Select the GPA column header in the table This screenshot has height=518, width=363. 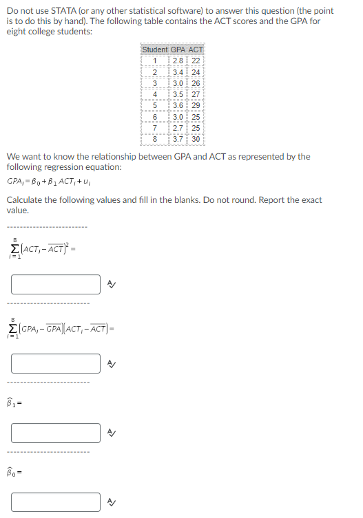(x=177, y=50)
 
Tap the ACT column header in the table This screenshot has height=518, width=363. (x=196, y=50)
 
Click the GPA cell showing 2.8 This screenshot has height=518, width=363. (x=177, y=61)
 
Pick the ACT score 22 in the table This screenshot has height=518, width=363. (x=196, y=61)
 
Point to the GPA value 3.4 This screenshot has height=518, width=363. (x=177, y=72)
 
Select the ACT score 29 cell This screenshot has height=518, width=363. (x=196, y=105)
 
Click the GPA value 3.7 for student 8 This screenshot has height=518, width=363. (x=177, y=139)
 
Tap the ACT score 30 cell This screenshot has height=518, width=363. (x=196, y=139)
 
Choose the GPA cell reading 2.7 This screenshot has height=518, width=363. (x=177, y=128)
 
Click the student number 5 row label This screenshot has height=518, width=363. (x=155, y=105)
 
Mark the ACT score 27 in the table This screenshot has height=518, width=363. (x=196, y=94)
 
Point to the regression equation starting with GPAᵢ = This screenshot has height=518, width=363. (x=49, y=182)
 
